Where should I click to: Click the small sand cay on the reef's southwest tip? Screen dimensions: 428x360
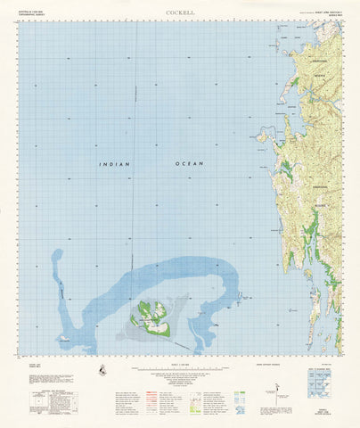click(63, 339)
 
